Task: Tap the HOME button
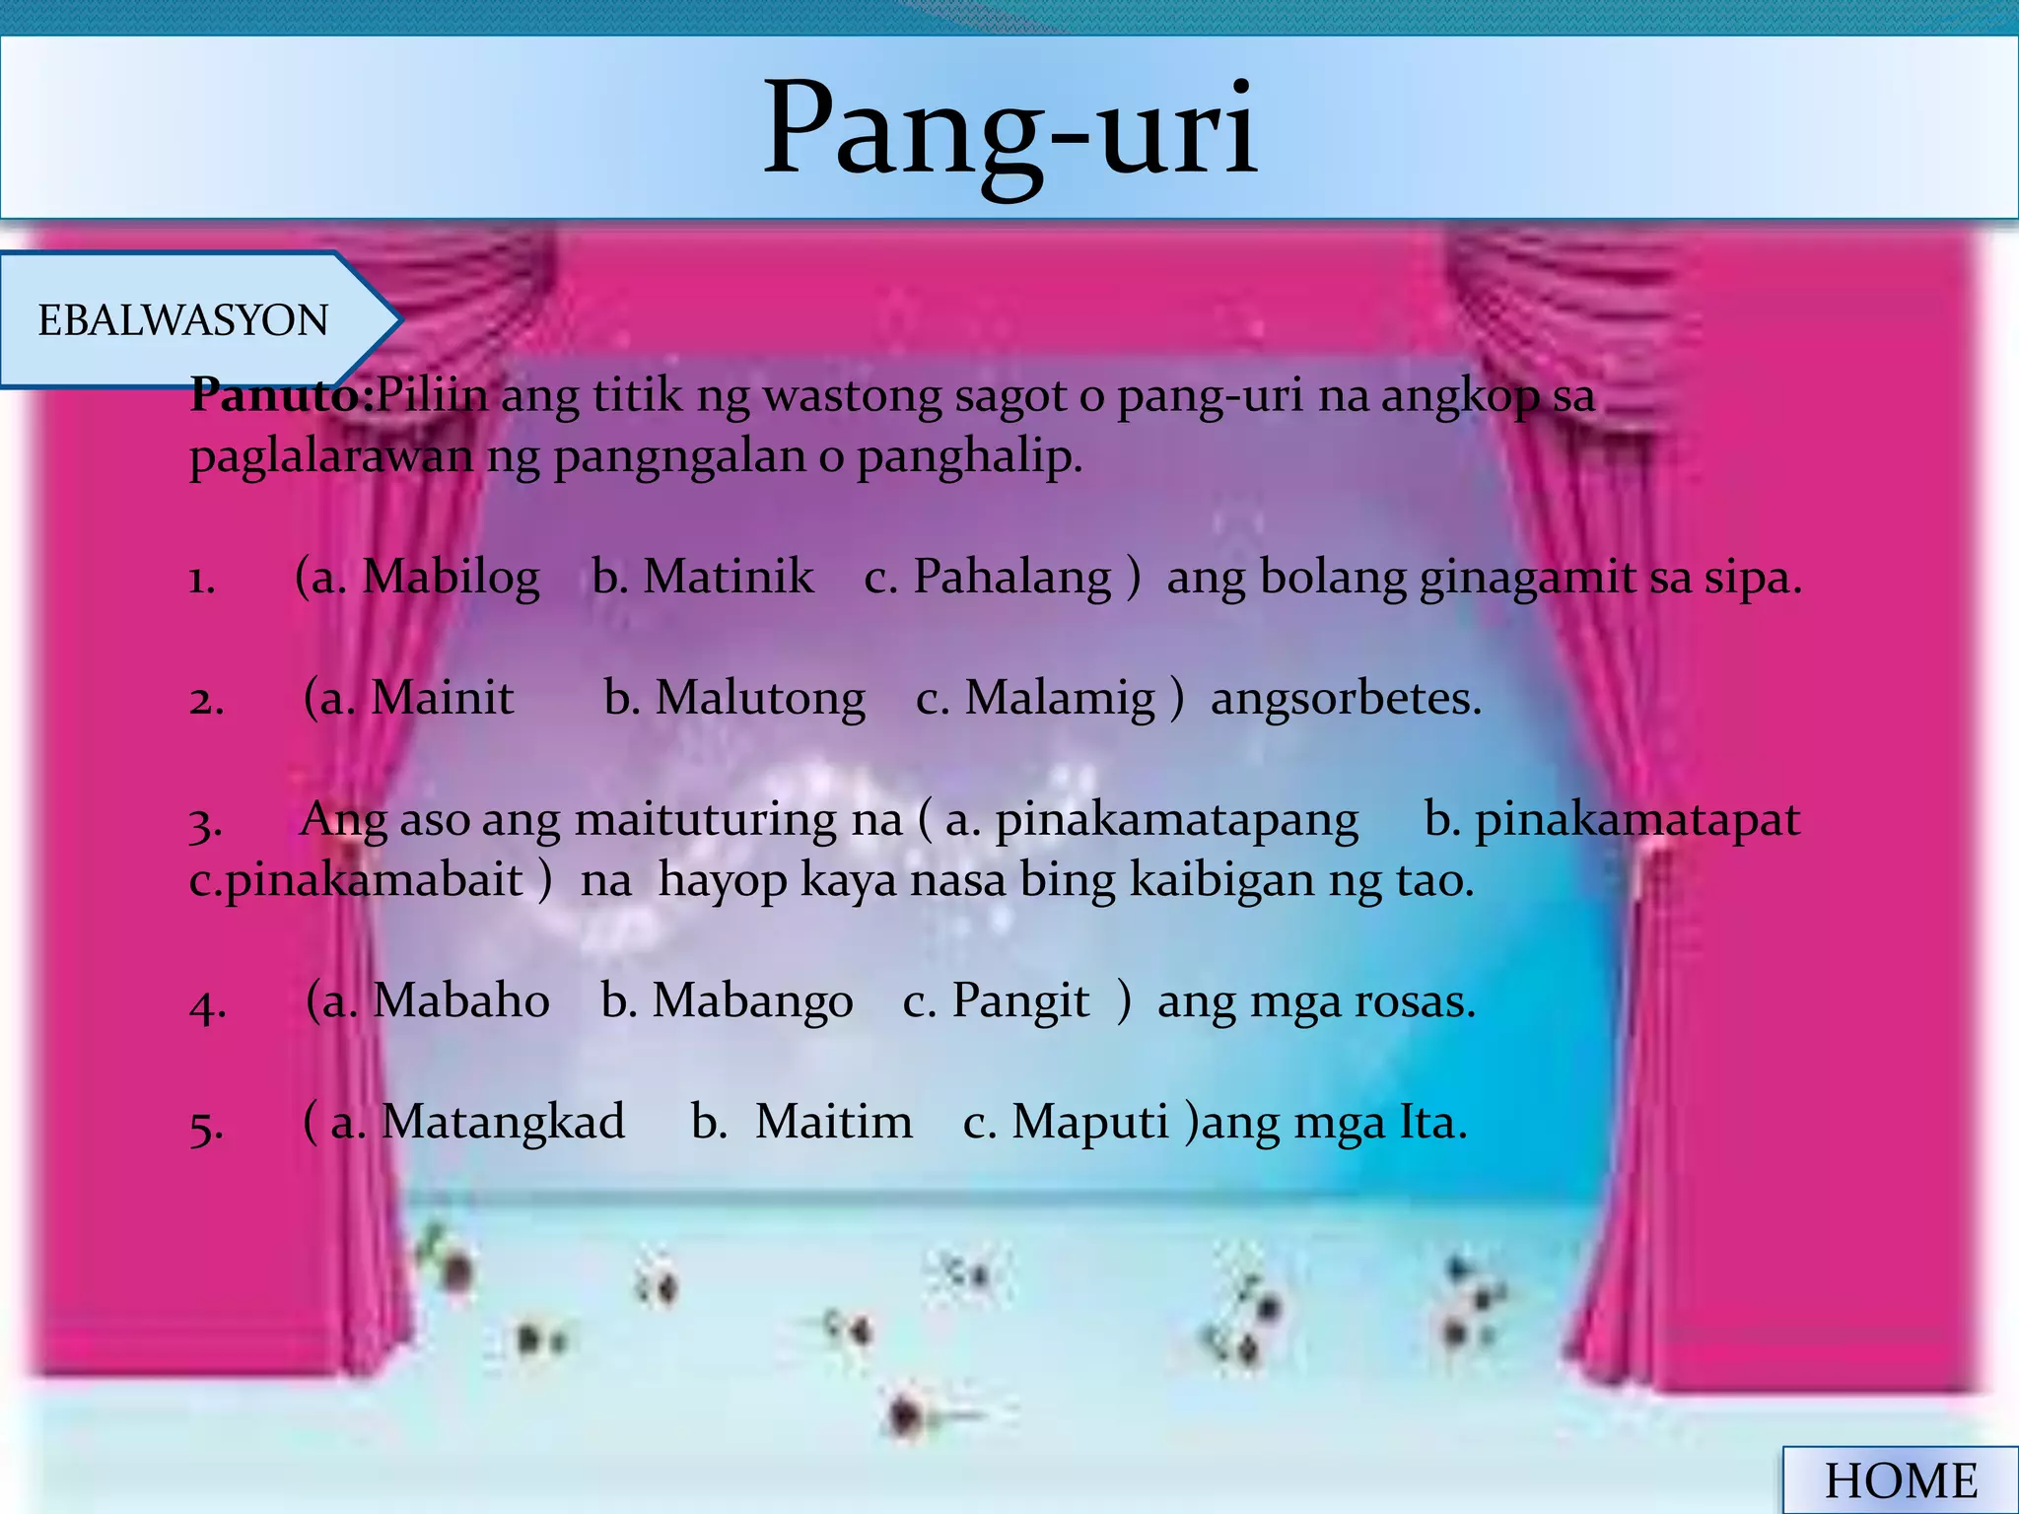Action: click(1900, 1480)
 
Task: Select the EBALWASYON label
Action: click(183, 320)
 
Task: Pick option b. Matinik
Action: click(704, 578)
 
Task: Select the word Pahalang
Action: click(1011, 578)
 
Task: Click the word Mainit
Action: click(442, 699)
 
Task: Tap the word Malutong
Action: click(760, 699)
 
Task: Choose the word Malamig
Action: click(1059, 699)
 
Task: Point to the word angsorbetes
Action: click(1346, 699)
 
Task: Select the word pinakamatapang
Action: click(1176, 820)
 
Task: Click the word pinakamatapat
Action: click(1636, 820)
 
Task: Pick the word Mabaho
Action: click(461, 1001)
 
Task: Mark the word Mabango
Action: click(752, 1001)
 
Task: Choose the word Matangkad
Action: click(503, 1123)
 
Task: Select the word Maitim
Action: click(833, 1123)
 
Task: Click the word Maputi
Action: click(1089, 1123)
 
